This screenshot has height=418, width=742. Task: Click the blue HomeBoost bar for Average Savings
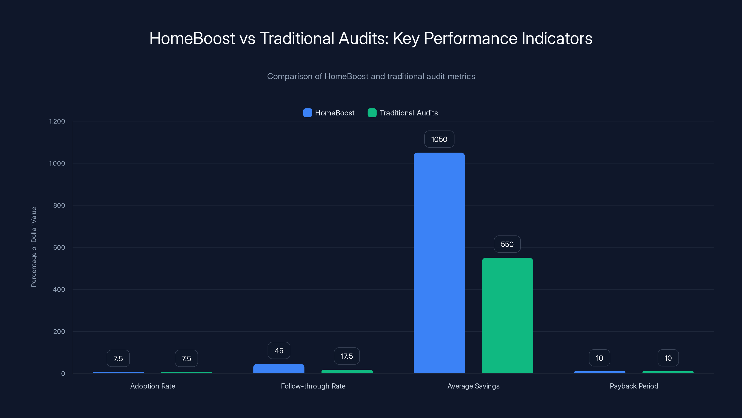point(439,262)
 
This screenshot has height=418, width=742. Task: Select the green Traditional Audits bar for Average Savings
point(507,315)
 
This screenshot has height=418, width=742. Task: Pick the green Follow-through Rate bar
point(347,371)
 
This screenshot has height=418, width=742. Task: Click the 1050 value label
point(439,139)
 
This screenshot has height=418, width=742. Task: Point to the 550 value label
point(507,244)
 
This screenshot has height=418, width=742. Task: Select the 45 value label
point(278,350)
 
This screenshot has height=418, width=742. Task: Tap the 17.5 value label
point(346,356)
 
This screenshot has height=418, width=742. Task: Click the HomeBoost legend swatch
point(307,113)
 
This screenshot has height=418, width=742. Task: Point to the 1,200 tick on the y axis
point(57,121)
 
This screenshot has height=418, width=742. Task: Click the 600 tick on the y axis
point(59,247)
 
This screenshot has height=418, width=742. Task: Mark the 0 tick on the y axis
point(63,374)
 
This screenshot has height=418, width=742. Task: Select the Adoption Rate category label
point(153,386)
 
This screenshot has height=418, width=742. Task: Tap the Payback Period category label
point(634,386)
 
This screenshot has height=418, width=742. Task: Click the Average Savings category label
point(473,386)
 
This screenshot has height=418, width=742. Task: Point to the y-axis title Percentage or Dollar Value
point(34,247)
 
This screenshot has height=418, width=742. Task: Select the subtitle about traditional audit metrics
point(371,76)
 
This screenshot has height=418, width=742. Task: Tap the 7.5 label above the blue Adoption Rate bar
point(118,359)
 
